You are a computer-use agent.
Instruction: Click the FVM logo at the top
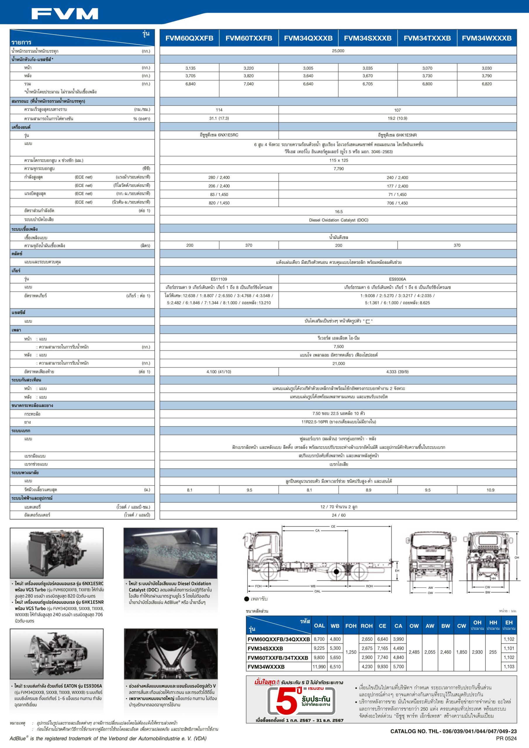click(65, 14)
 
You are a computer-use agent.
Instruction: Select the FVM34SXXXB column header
click(368, 38)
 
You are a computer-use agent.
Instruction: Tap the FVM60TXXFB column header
click(249, 38)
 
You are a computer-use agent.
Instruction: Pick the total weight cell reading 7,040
click(249, 84)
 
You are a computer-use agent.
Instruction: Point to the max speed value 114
click(219, 110)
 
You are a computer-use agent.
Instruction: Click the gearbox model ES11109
click(219, 279)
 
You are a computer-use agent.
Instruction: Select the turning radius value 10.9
click(490, 490)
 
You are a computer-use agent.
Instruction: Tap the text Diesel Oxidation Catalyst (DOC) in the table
click(338, 220)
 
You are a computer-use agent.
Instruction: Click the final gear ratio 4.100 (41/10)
click(219, 372)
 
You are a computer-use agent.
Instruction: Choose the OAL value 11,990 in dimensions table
click(319, 667)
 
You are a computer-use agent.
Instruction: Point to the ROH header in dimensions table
click(367, 626)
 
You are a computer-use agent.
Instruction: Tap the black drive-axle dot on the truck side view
click(336, 572)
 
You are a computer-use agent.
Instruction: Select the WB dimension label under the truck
click(313, 586)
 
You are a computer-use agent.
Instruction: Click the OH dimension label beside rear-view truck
click(517, 557)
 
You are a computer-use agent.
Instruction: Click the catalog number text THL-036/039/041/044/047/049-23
click(453, 731)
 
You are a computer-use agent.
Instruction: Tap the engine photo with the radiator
click(57, 553)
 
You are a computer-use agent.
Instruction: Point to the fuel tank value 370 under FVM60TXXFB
click(249, 245)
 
